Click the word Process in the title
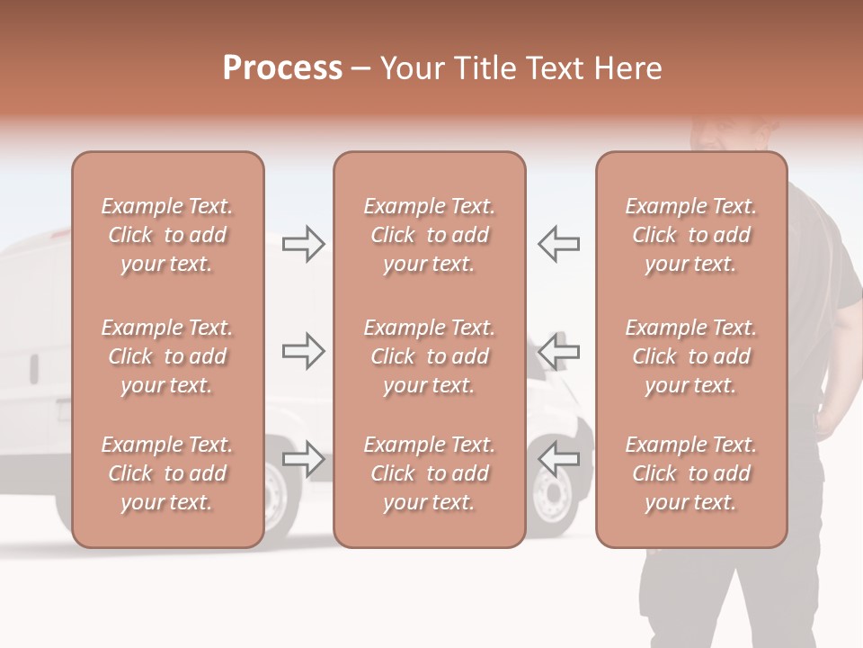coord(282,68)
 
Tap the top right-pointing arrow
coord(303,244)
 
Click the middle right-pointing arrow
coord(303,351)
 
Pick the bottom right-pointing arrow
coord(303,458)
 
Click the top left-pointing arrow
coord(558,244)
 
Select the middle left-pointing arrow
coord(558,351)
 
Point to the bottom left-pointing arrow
coord(558,458)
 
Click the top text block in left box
coord(167,235)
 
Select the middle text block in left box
coord(167,356)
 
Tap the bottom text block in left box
coord(167,473)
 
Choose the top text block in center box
coord(429,235)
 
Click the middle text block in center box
coord(429,356)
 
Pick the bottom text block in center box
coord(429,473)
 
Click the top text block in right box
coord(690,235)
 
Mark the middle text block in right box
coord(690,356)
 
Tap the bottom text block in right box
coord(690,473)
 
